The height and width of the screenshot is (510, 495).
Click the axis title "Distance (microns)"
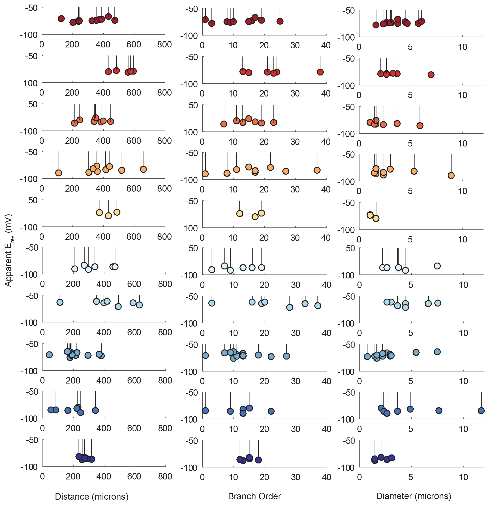pyautogui.click(x=92, y=497)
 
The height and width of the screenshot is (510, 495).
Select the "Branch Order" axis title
pyautogui.click(x=254, y=496)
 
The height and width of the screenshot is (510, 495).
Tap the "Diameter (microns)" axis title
pyautogui.click(x=414, y=496)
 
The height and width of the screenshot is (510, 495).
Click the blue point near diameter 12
pyautogui.click(x=481, y=411)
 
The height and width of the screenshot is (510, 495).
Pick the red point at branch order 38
pyautogui.click(x=320, y=72)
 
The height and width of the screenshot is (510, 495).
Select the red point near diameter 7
pyautogui.click(x=431, y=75)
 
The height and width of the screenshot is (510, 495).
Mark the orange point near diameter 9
pyautogui.click(x=451, y=175)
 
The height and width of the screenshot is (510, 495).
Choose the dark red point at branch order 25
pyautogui.click(x=280, y=21)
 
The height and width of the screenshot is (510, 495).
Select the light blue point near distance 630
pyautogui.click(x=139, y=305)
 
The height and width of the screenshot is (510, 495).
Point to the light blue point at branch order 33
pyautogui.click(x=305, y=303)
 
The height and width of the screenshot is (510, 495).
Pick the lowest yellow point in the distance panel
pyautogui.click(x=108, y=216)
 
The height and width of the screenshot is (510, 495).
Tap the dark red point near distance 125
pyautogui.click(x=61, y=19)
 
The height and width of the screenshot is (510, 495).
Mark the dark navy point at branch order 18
pyautogui.click(x=258, y=460)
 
